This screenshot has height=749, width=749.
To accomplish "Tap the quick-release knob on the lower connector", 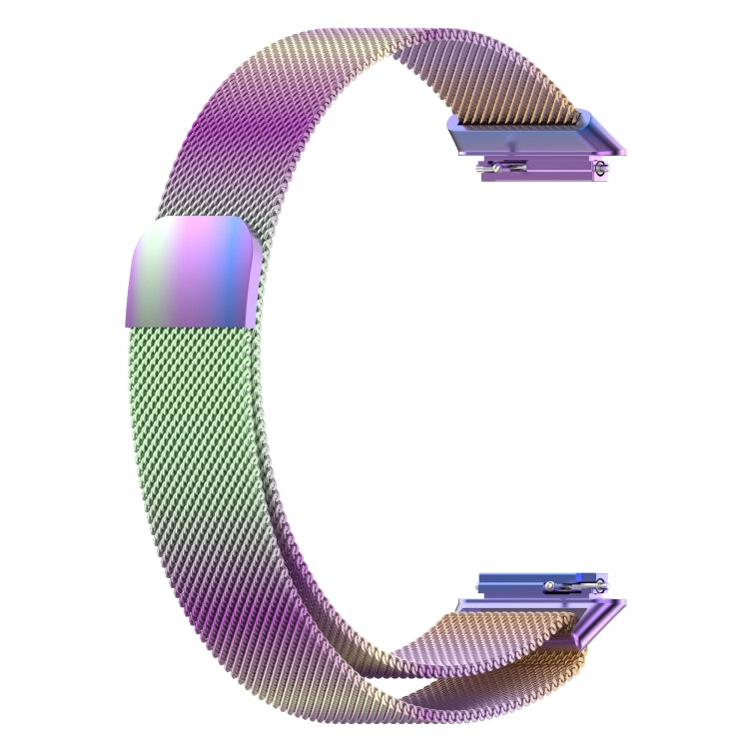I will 549,586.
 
